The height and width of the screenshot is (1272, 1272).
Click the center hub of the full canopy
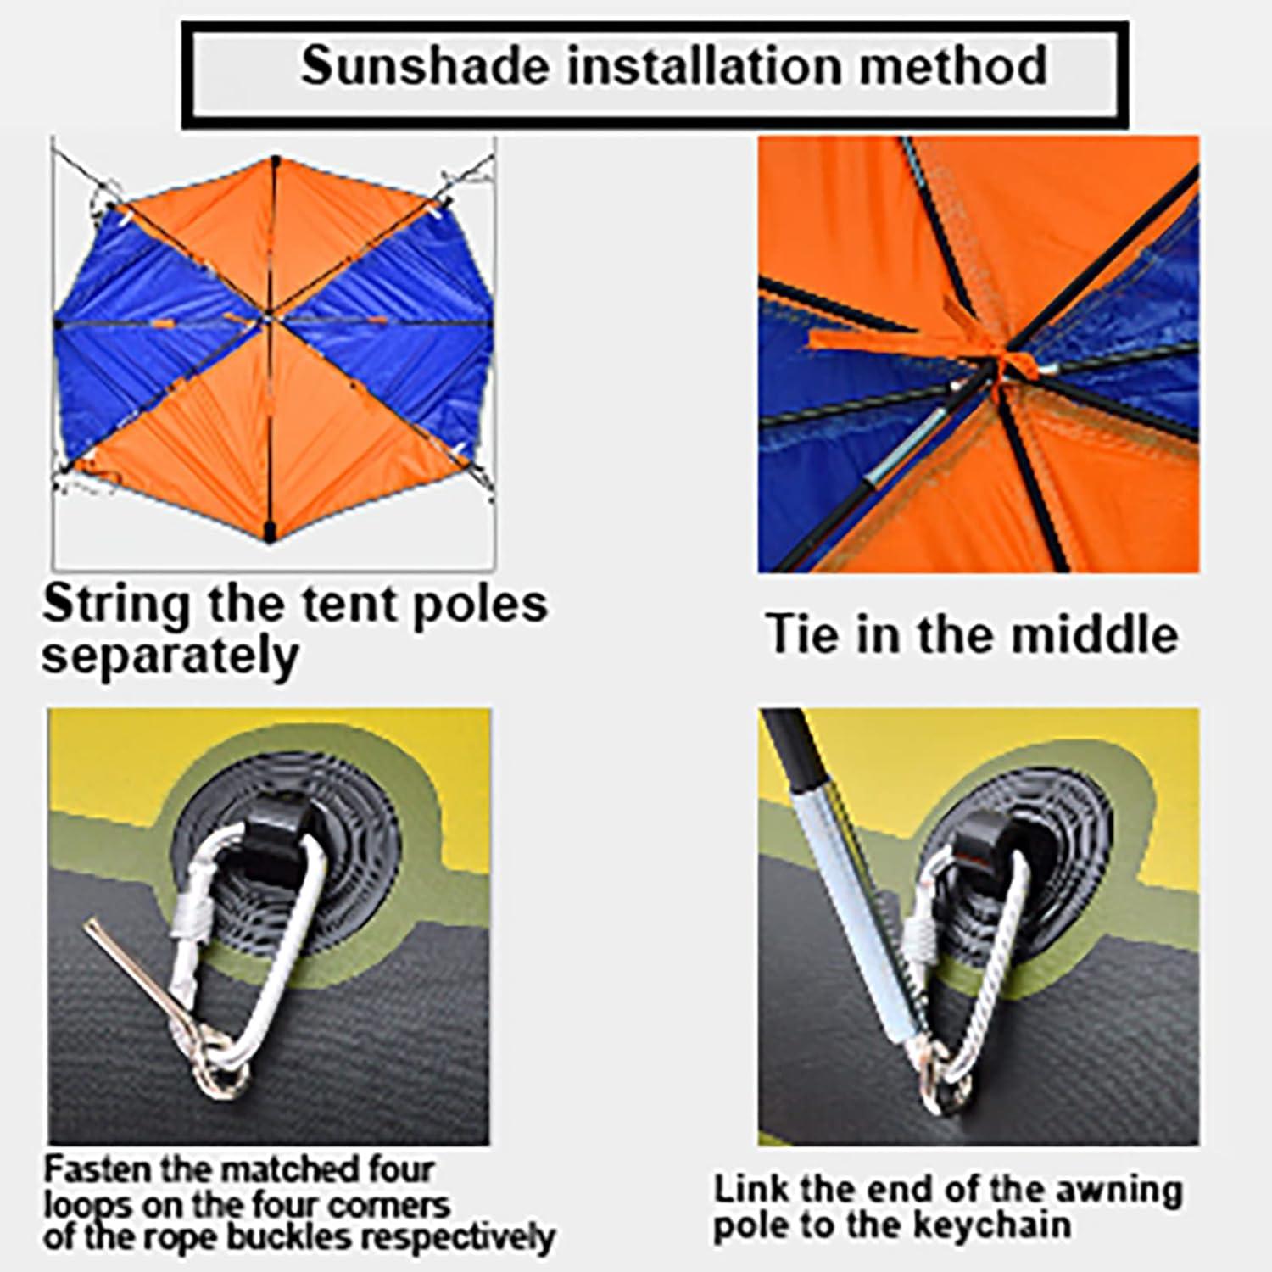270,318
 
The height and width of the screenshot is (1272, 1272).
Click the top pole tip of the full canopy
275,160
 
